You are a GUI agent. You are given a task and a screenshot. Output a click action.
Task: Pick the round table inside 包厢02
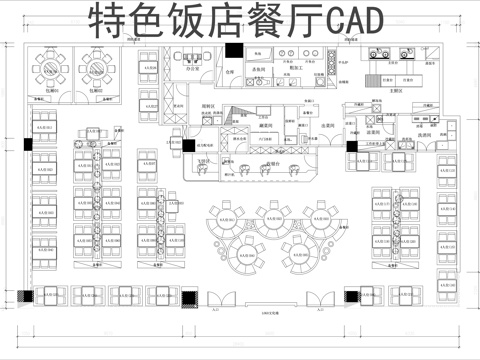tap(97, 67)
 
